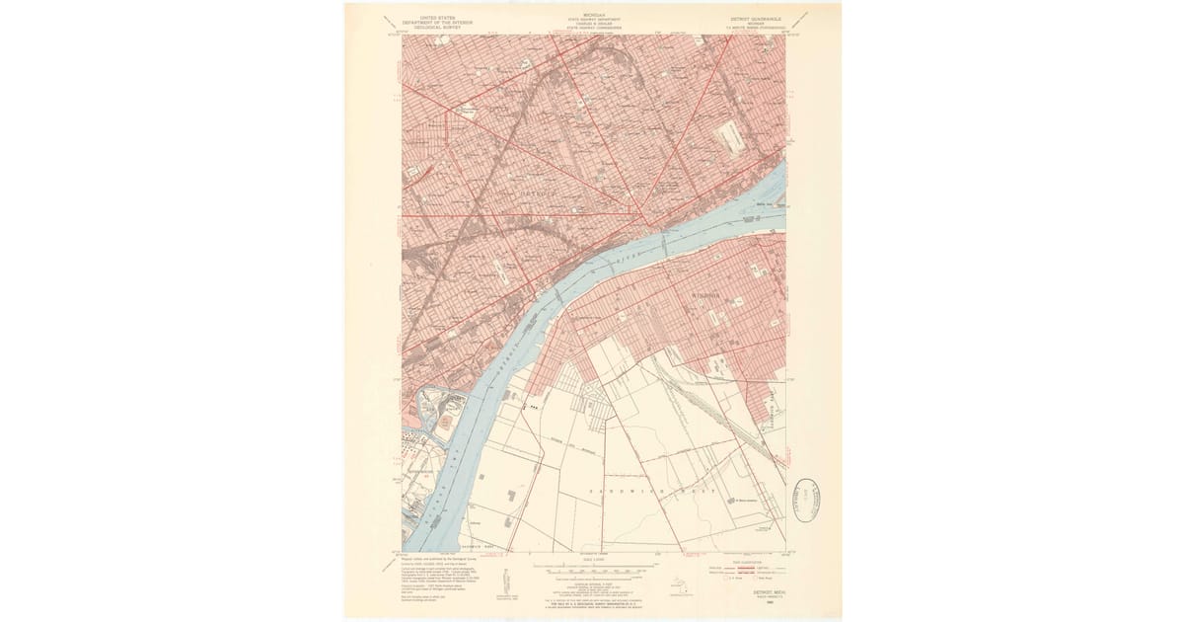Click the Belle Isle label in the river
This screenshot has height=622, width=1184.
[763, 204]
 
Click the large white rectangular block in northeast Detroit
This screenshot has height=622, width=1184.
[730, 136]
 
